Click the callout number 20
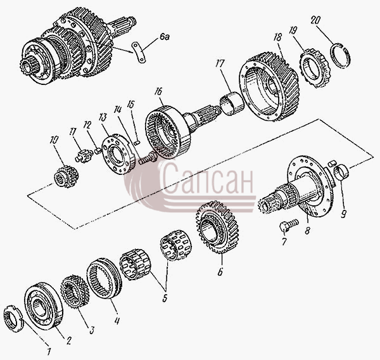pyautogui.click(x=315, y=20)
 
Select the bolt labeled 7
pyautogui.click(x=288, y=224)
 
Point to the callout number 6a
pyautogui.click(x=165, y=37)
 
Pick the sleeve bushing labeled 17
pyautogui.click(x=232, y=103)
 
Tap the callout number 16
pyautogui.click(x=158, y=92)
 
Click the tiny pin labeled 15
pyautogui.click(x=136, y=143)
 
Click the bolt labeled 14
pyautogui.click(x=147, y=158)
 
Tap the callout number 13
pyautogui.click(x=103, y=117)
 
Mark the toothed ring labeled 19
pyautogui.click(x=315, y=68)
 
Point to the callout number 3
pyautogui.click(x=92, y=330)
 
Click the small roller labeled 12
pyautogui.click(x=98, y=151)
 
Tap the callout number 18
pyautogui.click(x=278, y=37)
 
